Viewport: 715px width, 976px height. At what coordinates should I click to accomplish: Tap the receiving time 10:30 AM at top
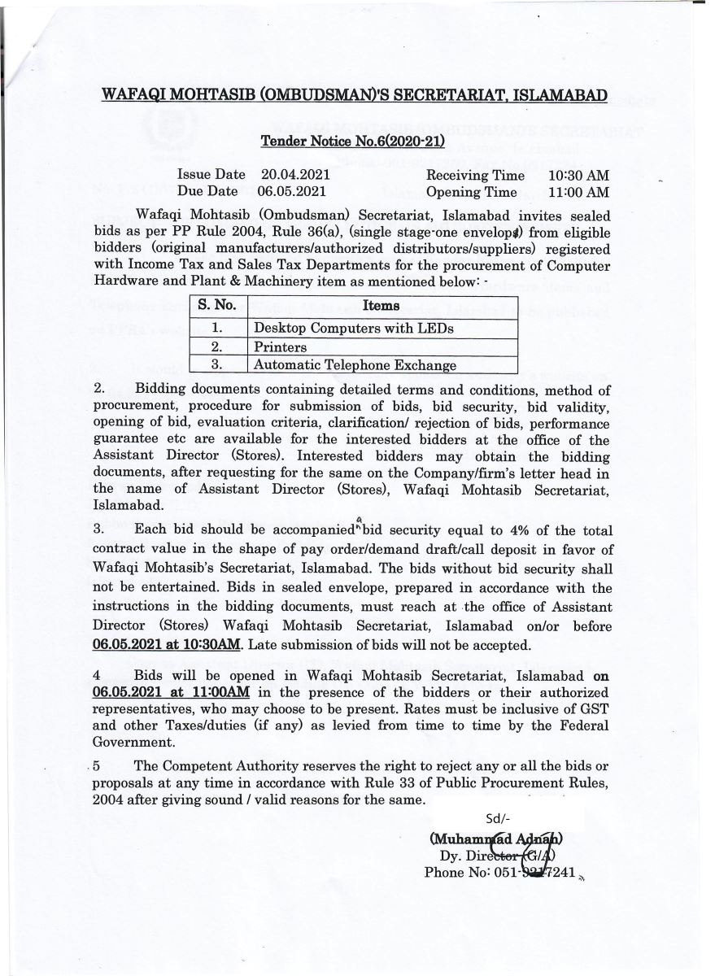[x=578, y=175]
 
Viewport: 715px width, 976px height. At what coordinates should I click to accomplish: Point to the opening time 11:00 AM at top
[x=578, y=192]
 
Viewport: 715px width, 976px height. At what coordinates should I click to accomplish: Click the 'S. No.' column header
[x=216, y=306]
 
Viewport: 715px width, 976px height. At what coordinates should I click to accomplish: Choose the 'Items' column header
[x=381, y=306]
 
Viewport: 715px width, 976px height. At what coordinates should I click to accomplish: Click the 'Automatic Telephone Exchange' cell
[x=355, y=365]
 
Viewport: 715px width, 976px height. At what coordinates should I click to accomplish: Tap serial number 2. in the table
[x=216, y=347]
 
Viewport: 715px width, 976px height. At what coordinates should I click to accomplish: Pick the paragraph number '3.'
[x=99, y=531]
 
